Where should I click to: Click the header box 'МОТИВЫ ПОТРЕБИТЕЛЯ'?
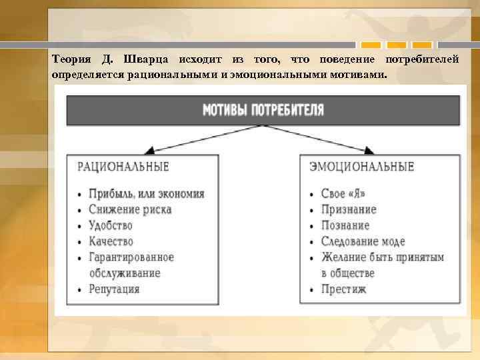tap(263, 110)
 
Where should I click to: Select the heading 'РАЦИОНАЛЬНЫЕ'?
tap(123, 166)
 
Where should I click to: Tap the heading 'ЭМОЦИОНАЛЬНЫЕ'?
tap(362, 166)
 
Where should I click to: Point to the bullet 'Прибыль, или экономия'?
tap(146, 194)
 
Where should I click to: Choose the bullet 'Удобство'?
tap(111, 225)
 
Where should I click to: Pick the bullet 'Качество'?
tap(111, 241)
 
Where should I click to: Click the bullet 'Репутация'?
tap(114, 289)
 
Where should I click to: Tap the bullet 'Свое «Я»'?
tap(343, 194)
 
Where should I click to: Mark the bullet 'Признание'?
tap(349, 209)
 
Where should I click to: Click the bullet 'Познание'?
tap(345, 225)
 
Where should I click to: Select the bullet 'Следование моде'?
tap(363, 241)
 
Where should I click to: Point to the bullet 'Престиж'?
tap(343, 289)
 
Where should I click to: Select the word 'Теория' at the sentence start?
tap(70, 60)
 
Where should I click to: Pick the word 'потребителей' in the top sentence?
tap(423, 60)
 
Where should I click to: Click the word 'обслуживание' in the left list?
tap(125, 273)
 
